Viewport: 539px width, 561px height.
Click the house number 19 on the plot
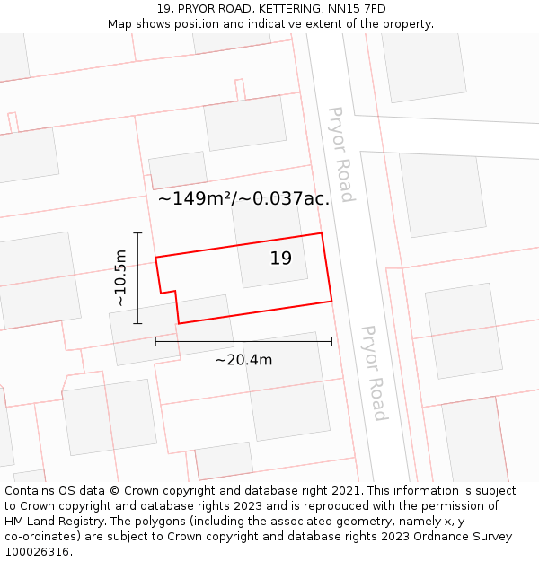(x=281, y=259)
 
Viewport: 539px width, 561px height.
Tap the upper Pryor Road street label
(x=340, y=154)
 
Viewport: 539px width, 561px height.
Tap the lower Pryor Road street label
(x=374, y=373)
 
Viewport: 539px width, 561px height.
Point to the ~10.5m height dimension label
(x=120, y=277)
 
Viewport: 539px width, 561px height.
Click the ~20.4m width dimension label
(x=243, y=360)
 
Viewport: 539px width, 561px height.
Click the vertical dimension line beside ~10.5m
(x=137, y=277)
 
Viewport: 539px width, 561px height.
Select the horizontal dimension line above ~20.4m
(x=243, y=341)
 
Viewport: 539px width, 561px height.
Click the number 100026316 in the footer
(x=35, y=552)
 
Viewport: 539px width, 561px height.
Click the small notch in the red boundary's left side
(x=169, y=292)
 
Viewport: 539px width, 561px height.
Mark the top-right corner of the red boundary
(x=322, y=233)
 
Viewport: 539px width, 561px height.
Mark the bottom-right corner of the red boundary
(x=332, y=301)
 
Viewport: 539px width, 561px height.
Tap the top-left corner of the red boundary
(x=155, y=258)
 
